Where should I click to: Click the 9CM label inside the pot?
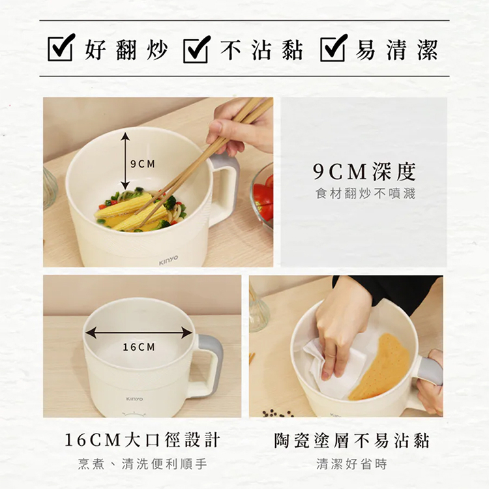click(143, 164)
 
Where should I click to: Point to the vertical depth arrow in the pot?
click(125, 160)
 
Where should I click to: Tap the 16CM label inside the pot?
click(139, 347)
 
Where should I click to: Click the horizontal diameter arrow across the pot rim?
click(139, 333)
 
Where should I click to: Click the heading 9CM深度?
click(364, 171)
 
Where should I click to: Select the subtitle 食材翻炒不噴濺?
click(365, 194)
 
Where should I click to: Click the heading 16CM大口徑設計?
click(142, 440)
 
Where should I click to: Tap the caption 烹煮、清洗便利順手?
click(143, 464)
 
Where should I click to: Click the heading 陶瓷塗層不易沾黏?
click(352, 441)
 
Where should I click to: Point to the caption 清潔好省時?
click(352, 464)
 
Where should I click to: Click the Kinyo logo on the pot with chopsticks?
click(168, 260)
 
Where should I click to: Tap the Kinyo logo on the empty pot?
click(134, 399)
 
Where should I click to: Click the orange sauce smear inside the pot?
click(381, 368)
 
